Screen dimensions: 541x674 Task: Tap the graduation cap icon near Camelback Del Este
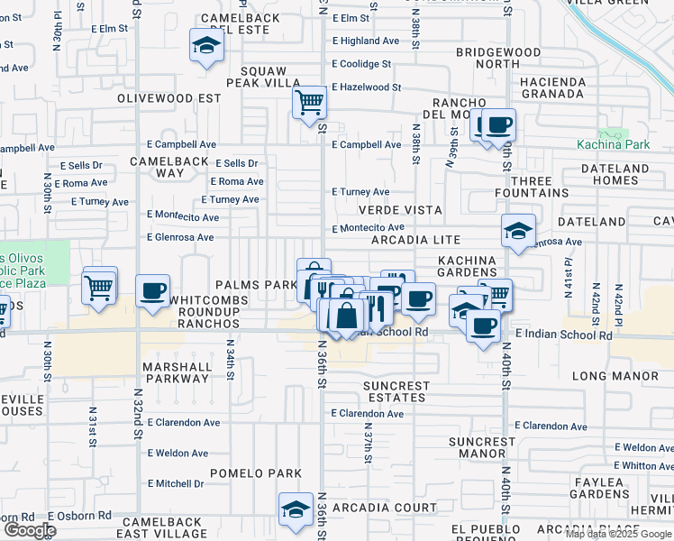pyautogui.click(x=205, y=46)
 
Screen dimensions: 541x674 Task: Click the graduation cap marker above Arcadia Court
pyautogui.click(x=295, y=510)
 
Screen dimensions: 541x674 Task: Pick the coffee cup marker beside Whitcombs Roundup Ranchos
pyautogui.click(x=152, y=291)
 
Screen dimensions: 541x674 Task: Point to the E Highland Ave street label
pyautogui.click(x=365, y=41)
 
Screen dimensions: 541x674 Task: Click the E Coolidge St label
pyautogui.click(x=361, y=64)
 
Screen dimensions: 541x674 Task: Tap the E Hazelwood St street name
pyautogui.click(x=366, y=87)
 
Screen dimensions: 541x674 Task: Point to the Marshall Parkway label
pyautogui.click(x=177, y=373)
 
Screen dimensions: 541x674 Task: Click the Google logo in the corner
pyautogui.click(x=30, y=530)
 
